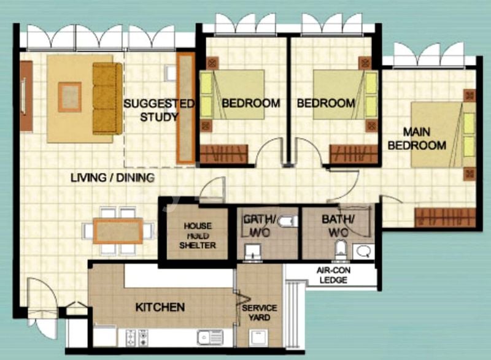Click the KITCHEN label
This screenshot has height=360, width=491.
tap(160, 307)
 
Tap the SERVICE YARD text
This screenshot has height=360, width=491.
tap(259, 312)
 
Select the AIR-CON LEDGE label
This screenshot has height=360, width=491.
tap(333, 275)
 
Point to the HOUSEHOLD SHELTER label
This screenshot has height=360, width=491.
tap(197, 236)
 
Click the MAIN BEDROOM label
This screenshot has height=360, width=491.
tap(417, 139)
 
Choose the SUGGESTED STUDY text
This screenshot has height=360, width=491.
tap(159, 110)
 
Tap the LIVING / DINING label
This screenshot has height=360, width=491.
tap(113, 178)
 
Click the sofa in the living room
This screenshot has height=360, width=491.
tap(107, 98)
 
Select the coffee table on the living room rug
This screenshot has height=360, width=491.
tap(69, 97)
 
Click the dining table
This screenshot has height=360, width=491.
tap(118, 231)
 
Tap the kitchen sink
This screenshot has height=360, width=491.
tap(210, 337)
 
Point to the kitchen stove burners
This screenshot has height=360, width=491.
tap(137, 338)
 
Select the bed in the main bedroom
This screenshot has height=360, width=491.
tap(443, 134)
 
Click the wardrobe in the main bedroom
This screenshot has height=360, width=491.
tap(445, 217)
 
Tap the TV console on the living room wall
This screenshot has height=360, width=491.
tap(26, 96)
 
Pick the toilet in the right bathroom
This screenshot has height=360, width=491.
tap(341, 249)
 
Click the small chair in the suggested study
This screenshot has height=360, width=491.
tap(170, 74)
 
